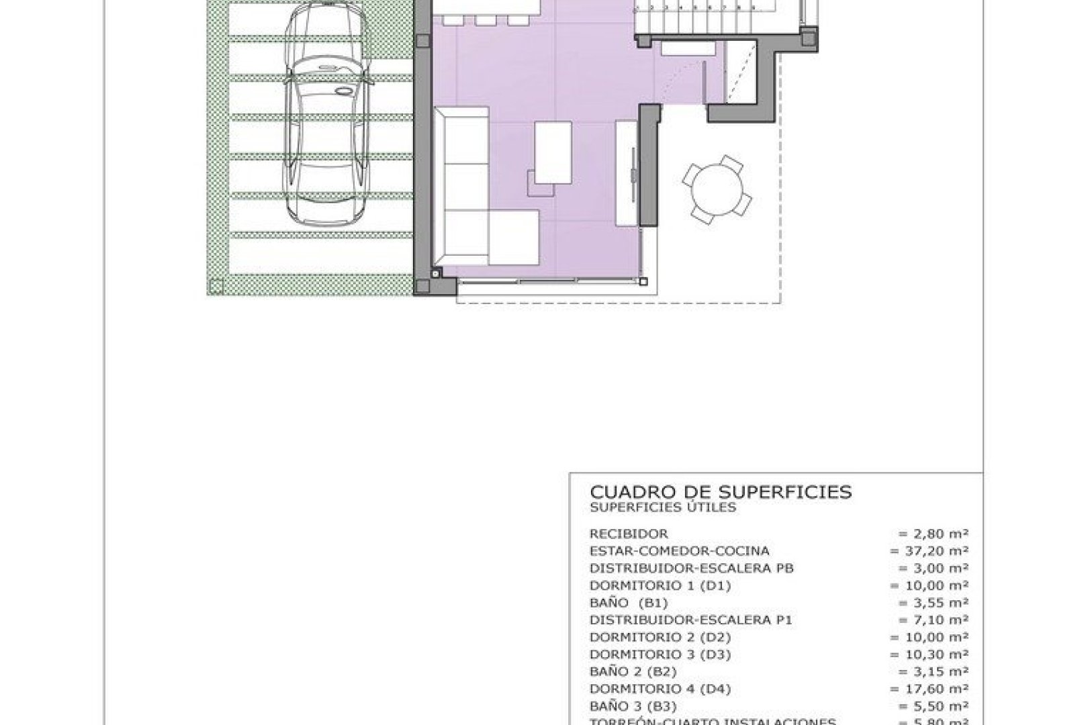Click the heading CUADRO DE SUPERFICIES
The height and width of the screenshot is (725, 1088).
click(721, 492)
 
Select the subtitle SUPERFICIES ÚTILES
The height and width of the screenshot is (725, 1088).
click(662, 508)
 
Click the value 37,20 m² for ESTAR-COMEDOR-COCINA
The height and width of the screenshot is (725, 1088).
click(929, 552)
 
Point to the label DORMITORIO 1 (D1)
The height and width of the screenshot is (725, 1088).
click(660, 586)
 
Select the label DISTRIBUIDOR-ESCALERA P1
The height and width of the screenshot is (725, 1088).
click(690, 620)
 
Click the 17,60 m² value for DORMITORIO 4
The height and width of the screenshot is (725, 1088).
click(929, 689)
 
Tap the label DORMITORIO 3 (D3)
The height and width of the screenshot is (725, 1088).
click(660, 655)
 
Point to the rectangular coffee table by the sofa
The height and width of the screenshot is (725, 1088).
click(553, 152)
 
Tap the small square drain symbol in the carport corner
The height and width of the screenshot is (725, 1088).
click(216, 287)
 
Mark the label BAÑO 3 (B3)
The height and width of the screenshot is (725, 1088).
click(633, 706)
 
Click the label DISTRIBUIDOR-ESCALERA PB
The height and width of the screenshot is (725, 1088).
click(691, 569)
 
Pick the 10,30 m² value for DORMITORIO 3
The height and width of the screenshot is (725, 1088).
click(929, 655)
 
